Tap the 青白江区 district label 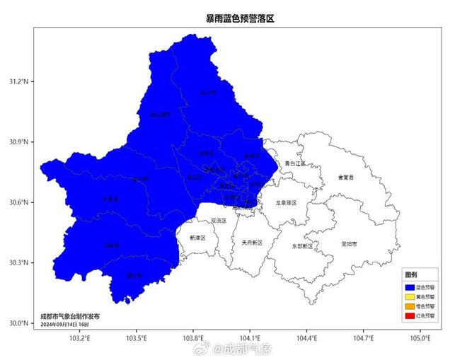pyautogui.click(x=295, y=163)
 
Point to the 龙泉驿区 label pyautogui.click(x=286, y=203)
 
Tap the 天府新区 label pyautogui.click(x=251, y=243)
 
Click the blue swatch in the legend pyautogui.click(x=409, y=287)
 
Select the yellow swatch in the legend pyautogui.click(x=409, y=297)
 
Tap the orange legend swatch pyautogui.click(x=409, y=307)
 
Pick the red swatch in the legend pyautogui.click(x=409, y=316)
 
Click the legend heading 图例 pyautogui.click(x=411, y=274)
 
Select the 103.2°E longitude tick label pyautogui.click(x=79, y=337)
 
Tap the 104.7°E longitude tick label pyautogui.click(x=364, y=337)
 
